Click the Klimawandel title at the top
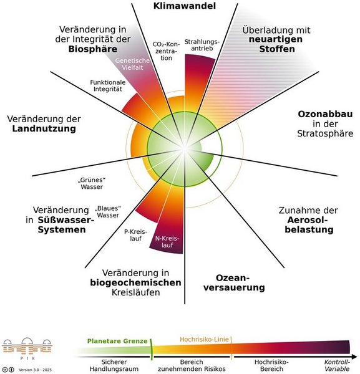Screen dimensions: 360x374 tap(184, 6)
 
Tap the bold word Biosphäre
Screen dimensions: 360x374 tap(93, 49)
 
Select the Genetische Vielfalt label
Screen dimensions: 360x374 tap(132, 64)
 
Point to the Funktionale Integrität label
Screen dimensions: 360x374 tap(108, 85)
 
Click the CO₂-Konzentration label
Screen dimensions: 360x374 tap(166, 51)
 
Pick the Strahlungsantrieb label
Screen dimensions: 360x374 tap(202, 45)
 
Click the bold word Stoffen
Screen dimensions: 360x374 tap(277, 49)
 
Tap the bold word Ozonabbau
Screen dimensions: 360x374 tap(325, 114)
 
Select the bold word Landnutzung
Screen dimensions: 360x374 tap(44, 128)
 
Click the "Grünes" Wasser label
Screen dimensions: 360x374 tap(92, 183)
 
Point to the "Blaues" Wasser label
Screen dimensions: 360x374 tap(108, 211)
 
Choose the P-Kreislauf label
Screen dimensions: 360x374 tap(135, 235)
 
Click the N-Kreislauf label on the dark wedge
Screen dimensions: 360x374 tap(167, 242)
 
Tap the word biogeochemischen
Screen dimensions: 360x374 tap(135, 282)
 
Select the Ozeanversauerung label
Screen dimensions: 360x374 tap(234, 282)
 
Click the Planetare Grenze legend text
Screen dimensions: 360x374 tap(117, 341)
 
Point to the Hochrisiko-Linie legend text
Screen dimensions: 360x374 tap(204, 339)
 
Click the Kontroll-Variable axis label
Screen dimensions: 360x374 tap(337, 365)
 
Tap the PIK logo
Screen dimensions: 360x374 tap(27, 348)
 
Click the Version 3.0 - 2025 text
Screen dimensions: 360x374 tap(35, 370)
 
